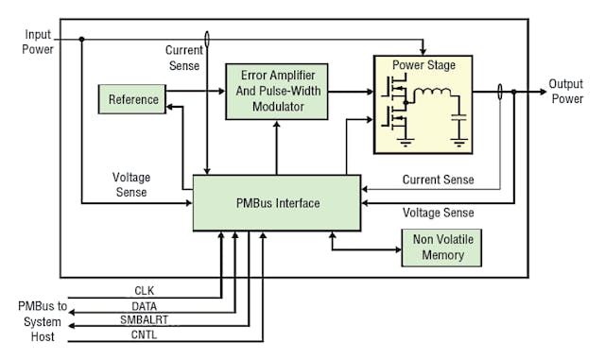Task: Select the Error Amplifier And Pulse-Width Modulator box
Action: click(277, 92)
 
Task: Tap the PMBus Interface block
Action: click(276, 202)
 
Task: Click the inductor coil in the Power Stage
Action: click(435, 93)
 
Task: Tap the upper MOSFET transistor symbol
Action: click(393, 91)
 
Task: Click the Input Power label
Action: click(38, 41)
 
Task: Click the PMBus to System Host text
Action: click(39, 320)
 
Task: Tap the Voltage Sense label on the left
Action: click(131, 183)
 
